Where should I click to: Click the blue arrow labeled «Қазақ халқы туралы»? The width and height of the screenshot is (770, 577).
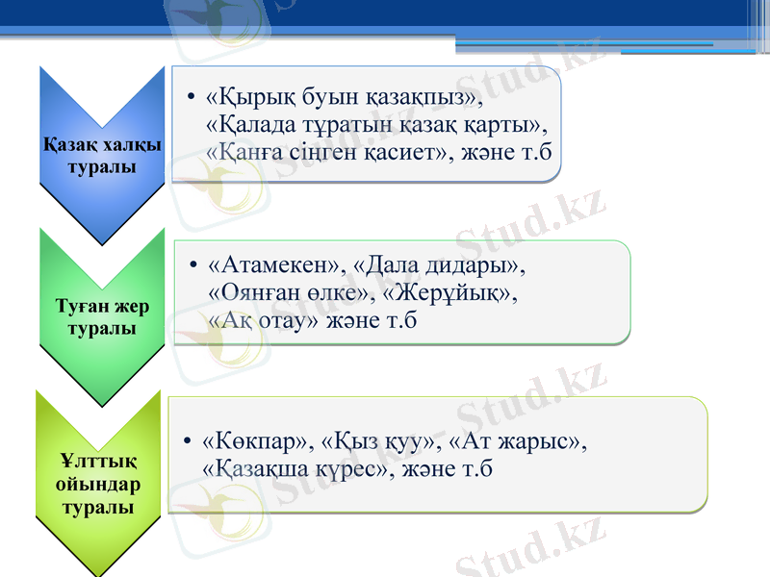click(x=101, y=154)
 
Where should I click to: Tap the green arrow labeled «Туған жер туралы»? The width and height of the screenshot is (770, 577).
click(x=101, y=317)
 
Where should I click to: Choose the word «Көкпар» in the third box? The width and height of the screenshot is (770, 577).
click(x=258, y=442)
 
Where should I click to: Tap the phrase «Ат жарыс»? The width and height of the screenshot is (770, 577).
click(x=516, y=442)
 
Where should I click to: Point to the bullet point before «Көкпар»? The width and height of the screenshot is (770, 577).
click(x=188, y=443)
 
